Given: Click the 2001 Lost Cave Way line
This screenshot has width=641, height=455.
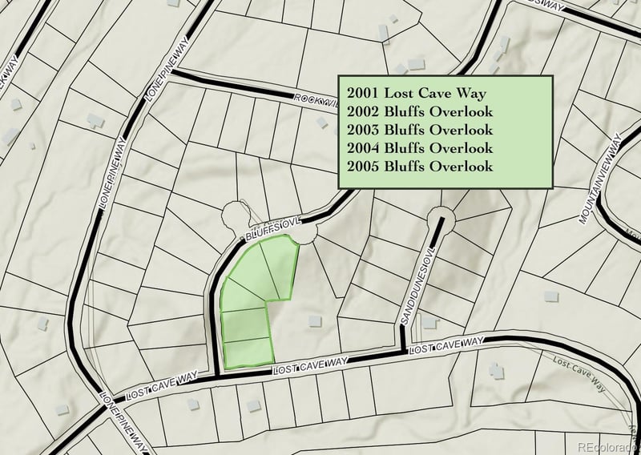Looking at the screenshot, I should click(x=417, y=91).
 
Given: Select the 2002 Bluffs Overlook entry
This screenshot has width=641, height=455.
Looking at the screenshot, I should click(x=420, y=111).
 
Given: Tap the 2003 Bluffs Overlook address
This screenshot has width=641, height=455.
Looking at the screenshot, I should click(x=420, y=129).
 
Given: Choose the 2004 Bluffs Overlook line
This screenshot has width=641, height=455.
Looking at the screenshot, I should click(x=420, y=147).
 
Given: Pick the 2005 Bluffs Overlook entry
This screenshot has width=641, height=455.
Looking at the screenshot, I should click(x=420, y=166).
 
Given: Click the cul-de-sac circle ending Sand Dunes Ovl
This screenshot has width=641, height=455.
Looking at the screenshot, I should click(x=440, y=217).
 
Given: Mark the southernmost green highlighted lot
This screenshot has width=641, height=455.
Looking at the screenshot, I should click(x=247, y=352).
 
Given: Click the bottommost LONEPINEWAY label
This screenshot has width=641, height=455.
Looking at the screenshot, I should click(x=120, y=425).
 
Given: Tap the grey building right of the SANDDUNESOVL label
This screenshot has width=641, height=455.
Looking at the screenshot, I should click(x=430, y=322).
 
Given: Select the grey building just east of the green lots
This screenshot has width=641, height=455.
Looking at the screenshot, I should click(x=314, y=320).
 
